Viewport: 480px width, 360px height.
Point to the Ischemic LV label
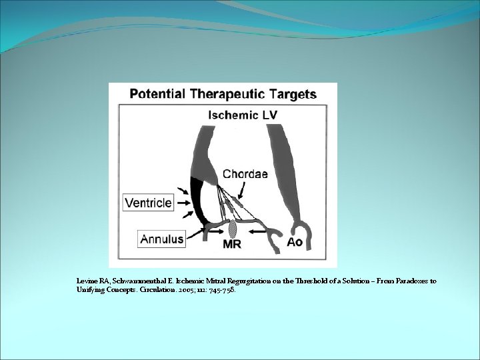pos(243,115)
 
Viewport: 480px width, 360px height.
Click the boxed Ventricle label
pos(147,202)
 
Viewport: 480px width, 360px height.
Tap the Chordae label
pos(245,175)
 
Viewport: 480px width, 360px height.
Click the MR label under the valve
pos(231,244)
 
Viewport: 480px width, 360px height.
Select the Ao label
pos(294,241)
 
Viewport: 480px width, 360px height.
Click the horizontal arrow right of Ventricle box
pos(183,202)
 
